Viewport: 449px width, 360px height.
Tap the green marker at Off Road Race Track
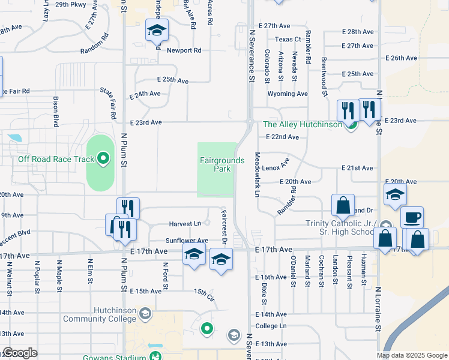(103, 159)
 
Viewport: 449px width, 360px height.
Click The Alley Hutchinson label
(303, 125)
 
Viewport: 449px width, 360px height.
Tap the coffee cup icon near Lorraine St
(412, 217)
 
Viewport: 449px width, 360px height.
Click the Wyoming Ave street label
(288, 94)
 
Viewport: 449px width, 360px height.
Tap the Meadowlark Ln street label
(257, 174)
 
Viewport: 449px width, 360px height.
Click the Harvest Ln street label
(184, 224)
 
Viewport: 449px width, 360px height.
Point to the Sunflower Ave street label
(187, 241)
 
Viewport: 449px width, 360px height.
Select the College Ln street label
(271, 326)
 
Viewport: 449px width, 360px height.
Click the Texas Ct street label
(288, 40)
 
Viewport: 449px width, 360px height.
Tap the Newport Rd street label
(184, 50)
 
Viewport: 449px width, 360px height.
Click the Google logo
(20, 353)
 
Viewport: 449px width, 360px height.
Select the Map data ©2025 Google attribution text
(412, 355)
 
